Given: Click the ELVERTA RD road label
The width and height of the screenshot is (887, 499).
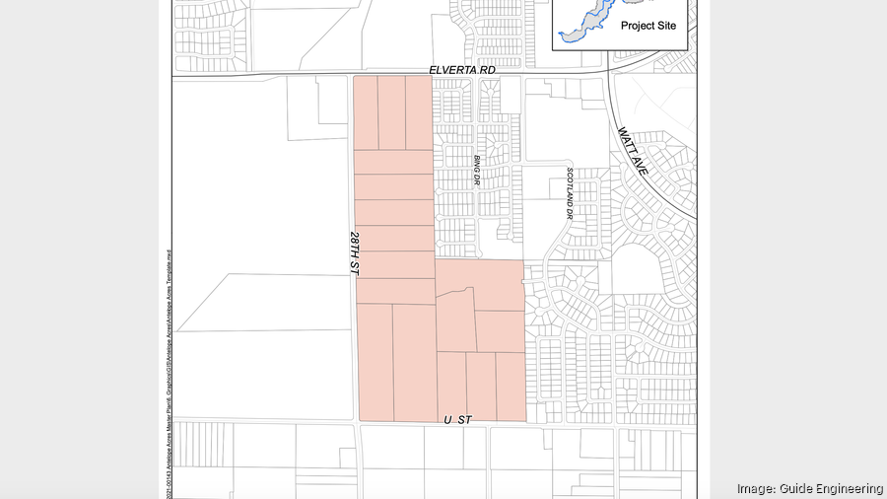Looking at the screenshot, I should pyautogui.click(x=461, y=71).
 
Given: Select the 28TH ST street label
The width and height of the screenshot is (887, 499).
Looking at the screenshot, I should pyautogui.click(x=355, y=254).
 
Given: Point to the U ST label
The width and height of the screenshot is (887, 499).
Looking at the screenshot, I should pyautogui.click(x=457, y=420).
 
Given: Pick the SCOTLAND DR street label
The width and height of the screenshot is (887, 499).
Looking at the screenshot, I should pyautogui.click(x=570, y=193).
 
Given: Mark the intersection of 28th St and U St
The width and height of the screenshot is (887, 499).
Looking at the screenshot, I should pyautogui.click(x=357, y=422).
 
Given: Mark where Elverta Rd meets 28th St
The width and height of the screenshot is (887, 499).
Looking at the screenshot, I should pyautogui.click(x=353, y=75).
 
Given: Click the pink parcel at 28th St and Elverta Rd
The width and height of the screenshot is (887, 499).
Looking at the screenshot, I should pyautogui.click(x=366, y=112).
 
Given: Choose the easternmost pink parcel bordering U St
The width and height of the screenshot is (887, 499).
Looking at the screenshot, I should pyautogui.click(x=511, y=386).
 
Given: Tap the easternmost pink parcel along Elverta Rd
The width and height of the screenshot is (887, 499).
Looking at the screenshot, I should pyautogui.click(x=419, y=112).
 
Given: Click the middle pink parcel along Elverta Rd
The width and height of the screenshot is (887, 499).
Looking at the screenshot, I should pyautogui.click(x=392, y=112).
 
